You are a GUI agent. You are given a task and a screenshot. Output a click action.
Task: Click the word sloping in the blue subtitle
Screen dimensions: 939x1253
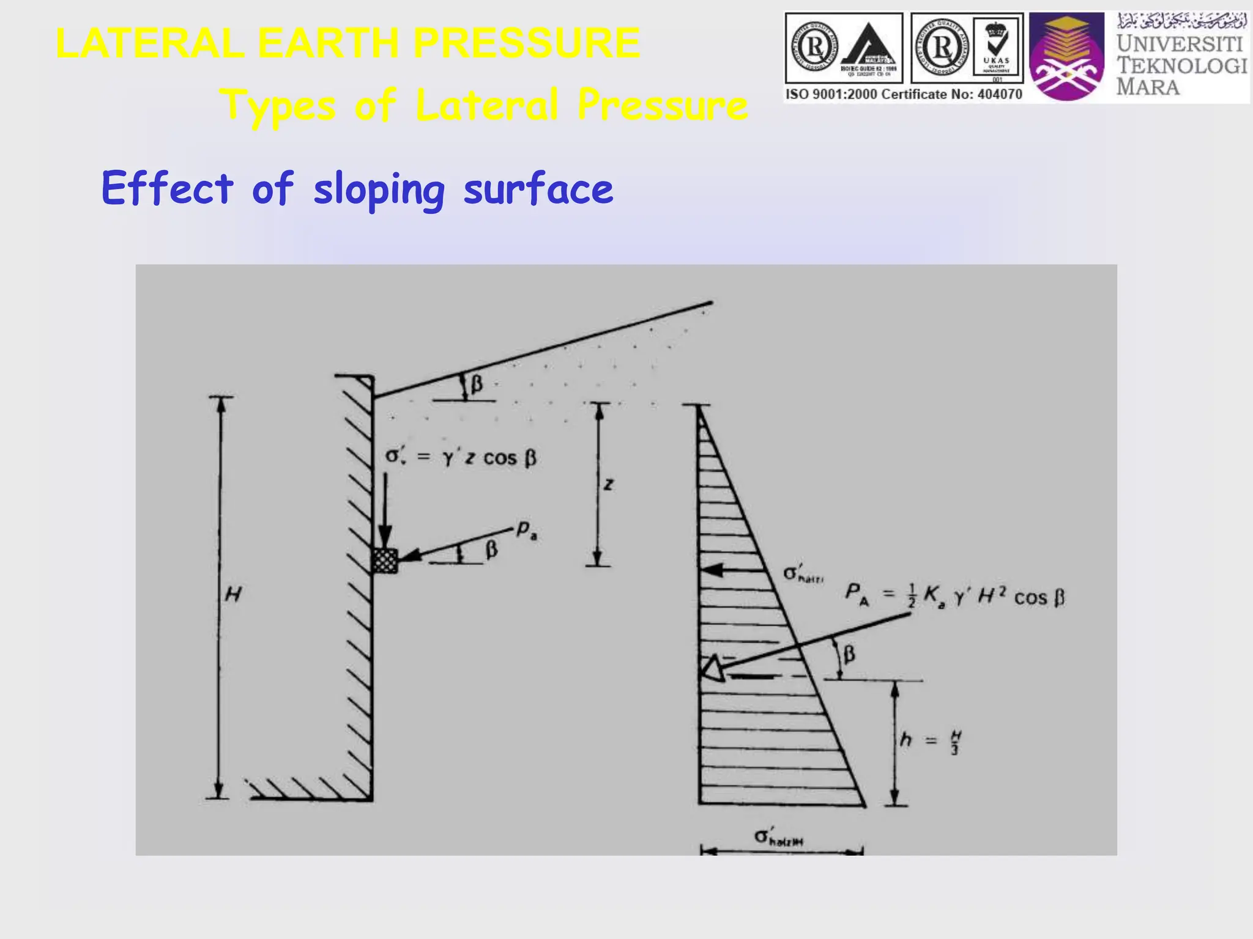pos(379,190)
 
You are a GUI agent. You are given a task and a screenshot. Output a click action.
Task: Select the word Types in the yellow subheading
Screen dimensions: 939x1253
pos(278,105)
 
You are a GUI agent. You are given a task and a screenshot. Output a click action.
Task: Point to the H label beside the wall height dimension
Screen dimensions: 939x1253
pos(233,594)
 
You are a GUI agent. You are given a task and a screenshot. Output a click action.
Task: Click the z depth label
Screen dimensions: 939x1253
pos(608,485)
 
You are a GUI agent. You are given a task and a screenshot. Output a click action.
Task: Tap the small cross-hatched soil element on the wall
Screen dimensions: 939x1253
pos(385,560)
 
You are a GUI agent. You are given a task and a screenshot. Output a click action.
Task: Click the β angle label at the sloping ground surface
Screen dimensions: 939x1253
pos(476,385)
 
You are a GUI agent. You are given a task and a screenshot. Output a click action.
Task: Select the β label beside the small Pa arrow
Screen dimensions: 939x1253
pos(491,550)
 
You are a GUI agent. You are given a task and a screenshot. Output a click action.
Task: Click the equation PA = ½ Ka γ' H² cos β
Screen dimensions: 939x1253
pos(954,595)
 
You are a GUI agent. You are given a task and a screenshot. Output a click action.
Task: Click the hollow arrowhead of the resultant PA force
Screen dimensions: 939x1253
pos(712,668)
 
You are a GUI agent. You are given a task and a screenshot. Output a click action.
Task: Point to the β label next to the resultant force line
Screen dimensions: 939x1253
pos(849,655)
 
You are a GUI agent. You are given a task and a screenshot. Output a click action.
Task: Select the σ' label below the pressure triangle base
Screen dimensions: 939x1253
pos(778,837)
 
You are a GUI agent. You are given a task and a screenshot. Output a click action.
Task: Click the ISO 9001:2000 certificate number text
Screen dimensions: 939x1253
pos(904,94)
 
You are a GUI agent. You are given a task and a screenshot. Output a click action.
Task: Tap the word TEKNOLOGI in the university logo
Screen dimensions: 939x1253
pos(1181,65)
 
